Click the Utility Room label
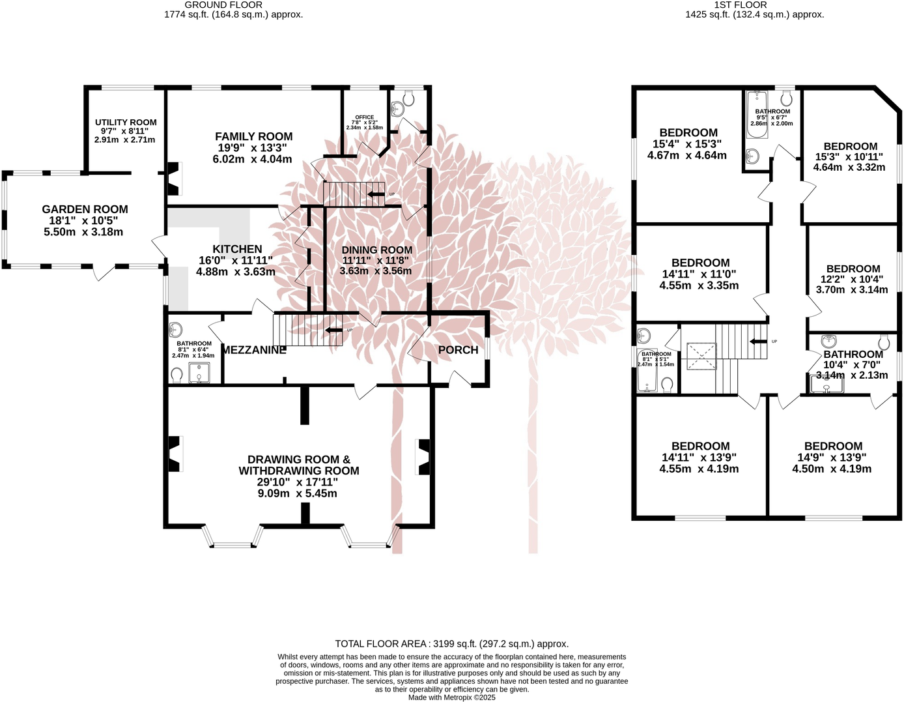(x=126, y=123)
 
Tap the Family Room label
(x=253, y=137)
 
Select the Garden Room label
(x=85, y=209)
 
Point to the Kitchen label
(x=237, y=249)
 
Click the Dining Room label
(x=376, y=250)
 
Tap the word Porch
(x=458, y=350)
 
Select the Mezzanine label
(x=254, y=350)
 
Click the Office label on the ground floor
(x=364, y=117)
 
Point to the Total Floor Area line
(x=451, y=643)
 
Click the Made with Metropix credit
(x=451, y=697)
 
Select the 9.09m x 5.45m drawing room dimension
(x=297, y=493)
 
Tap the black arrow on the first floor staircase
(x=757, y=342)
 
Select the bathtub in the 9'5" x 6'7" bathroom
(x=757, y=115)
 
